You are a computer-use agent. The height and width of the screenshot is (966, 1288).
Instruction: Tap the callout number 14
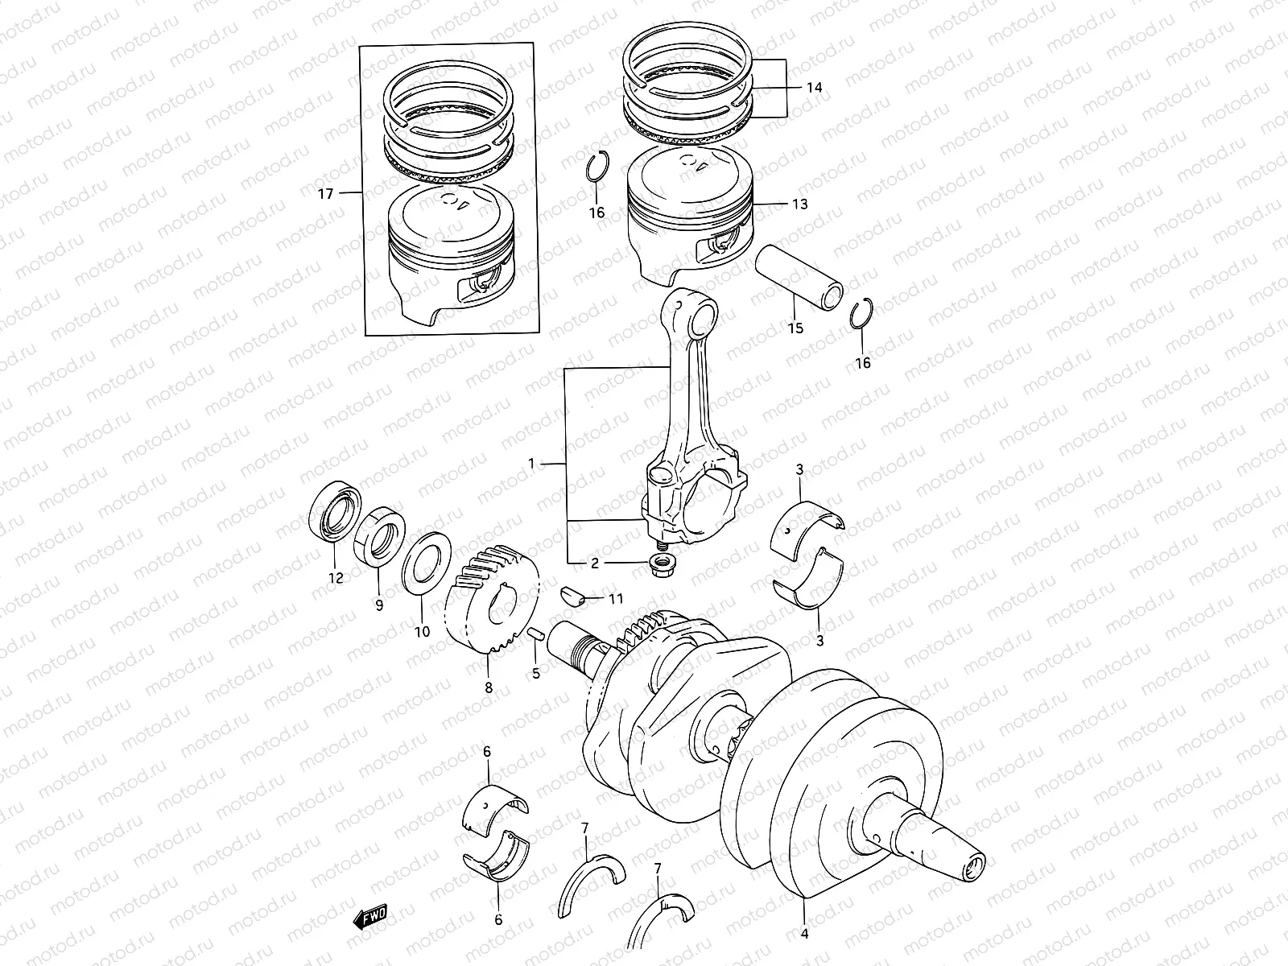pos(814,88)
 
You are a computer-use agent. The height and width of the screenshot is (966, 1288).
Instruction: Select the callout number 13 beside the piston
pos(799,204)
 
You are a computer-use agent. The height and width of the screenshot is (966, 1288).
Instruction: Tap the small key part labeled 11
pos(592,597)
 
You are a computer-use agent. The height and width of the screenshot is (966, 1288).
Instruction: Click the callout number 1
pos(531,464)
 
